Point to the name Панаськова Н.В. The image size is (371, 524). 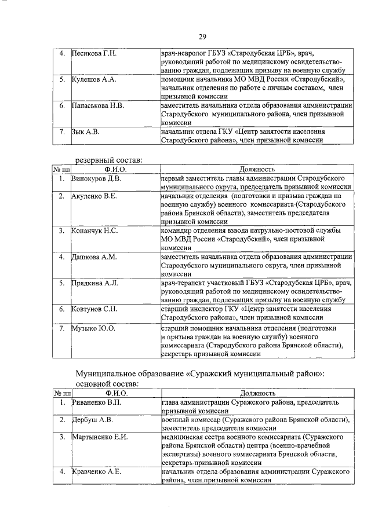97,106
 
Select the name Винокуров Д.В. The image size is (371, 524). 96,178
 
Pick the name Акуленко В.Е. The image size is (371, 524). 94,196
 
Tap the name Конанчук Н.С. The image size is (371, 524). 94,231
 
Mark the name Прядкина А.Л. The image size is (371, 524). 94,283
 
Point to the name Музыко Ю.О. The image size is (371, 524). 93,328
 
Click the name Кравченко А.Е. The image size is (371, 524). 96,472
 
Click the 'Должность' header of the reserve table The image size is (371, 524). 256,169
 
